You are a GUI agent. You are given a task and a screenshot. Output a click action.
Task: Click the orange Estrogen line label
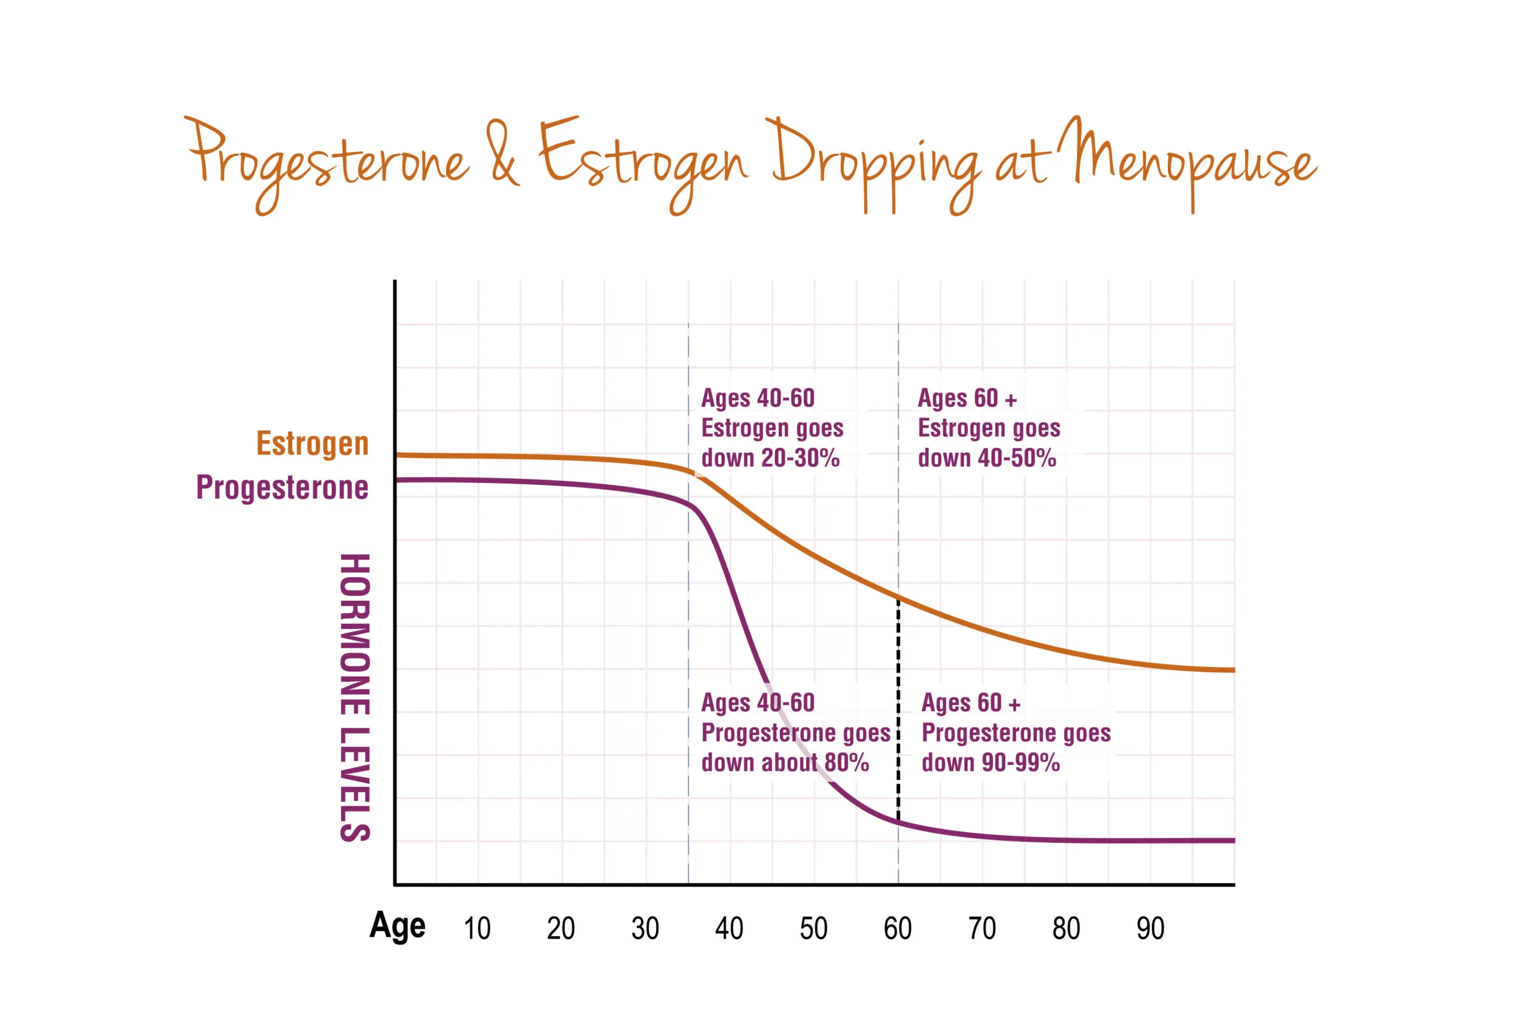pos(312,443)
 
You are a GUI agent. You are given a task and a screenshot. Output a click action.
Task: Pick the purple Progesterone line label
pos(282,487)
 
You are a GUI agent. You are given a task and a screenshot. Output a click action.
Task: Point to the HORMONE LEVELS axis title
pos(355,698)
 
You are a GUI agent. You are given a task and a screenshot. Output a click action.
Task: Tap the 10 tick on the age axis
pos(477,928)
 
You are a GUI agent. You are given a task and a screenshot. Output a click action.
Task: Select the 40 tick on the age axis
pos(728,928)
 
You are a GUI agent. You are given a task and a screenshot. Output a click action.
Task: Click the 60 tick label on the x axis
pos(897,928)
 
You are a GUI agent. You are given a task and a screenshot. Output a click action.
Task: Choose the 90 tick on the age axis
pos(1149,928)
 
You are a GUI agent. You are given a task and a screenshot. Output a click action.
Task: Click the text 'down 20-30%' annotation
pos(770,458)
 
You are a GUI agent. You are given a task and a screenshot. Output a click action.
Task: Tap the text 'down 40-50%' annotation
pos(987,458)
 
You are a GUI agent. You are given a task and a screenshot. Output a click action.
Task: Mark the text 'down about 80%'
pos(785,763)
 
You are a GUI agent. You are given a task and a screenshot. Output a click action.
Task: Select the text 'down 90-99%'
pos(991,763)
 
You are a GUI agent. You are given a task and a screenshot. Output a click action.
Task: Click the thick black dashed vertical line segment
pos(898,710)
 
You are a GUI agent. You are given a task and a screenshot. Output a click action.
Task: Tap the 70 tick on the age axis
pos(981,928)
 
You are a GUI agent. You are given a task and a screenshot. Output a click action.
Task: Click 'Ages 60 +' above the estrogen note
pos(967,398)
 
